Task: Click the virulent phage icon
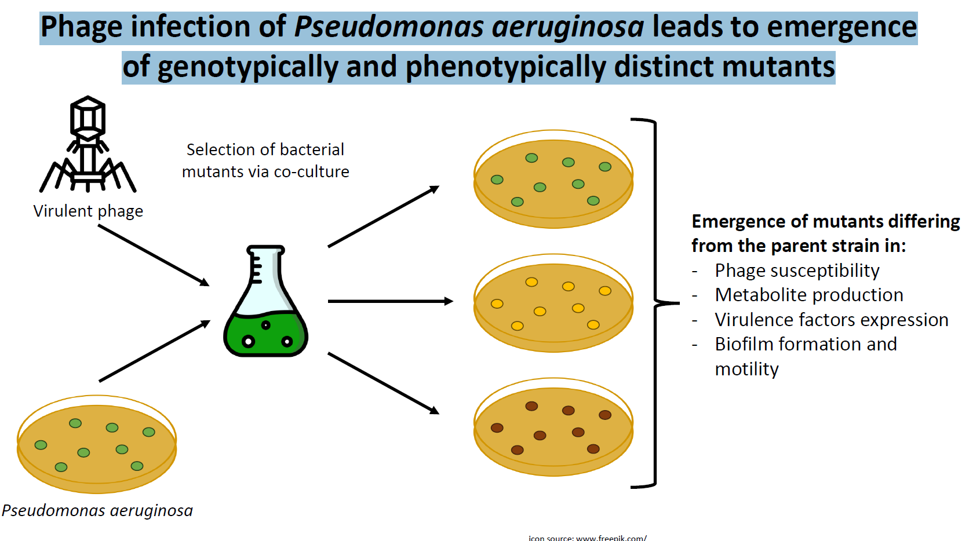point(88,145)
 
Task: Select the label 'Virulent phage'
point(88,211)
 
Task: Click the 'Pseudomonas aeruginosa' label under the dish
point(97,510)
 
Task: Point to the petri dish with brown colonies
point(553,427)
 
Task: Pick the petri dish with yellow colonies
point(553,303)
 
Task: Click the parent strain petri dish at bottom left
point(97,444)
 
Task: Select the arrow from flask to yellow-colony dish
point(389,301)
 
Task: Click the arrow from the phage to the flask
point(154,255)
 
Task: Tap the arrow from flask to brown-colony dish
point(383,383)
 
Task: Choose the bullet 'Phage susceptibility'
point(797,270)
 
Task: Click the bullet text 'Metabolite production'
point(809,295)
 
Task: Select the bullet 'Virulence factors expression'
point(831,320)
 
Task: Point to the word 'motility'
point(746,369)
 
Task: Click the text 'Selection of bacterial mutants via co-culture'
point(265,160)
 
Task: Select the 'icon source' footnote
point(587,538)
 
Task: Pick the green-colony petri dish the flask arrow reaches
point(553,179)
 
